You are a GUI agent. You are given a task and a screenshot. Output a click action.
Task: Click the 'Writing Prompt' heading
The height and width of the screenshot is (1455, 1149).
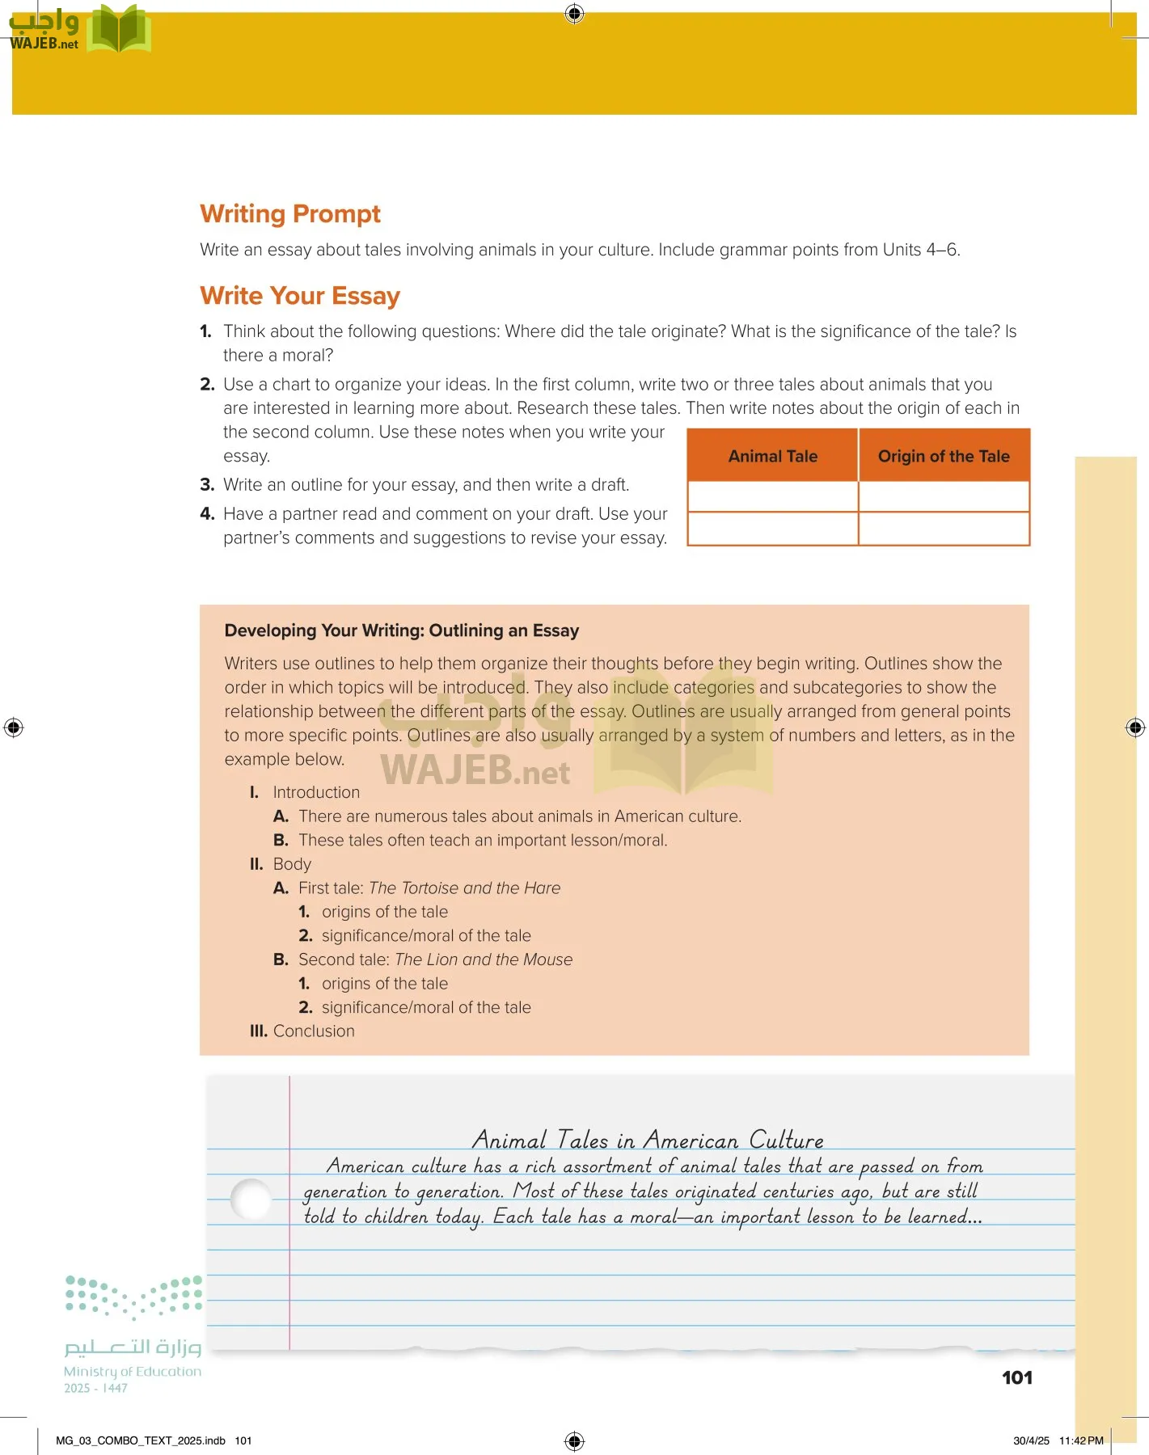click(x=289, y=214)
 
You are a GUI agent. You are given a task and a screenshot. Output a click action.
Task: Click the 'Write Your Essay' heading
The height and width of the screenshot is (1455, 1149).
click(x=300, y=296)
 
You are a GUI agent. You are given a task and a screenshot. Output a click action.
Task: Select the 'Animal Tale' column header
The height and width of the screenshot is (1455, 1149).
click(x=772, y=456)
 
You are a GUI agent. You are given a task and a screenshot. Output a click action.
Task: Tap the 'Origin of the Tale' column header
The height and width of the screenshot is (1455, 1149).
click(x=944, y=456)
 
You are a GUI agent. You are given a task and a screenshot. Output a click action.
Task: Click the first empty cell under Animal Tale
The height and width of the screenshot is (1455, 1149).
click(x=772, y=496)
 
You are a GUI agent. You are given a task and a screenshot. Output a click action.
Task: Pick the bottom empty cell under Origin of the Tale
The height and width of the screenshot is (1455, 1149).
click(x=944, y=529)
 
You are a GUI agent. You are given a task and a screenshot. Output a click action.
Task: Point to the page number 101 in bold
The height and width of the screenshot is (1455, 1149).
click(x=1016, y=1378)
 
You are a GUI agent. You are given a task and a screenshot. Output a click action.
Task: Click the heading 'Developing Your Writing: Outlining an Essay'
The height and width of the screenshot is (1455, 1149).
click(x=401, y=630)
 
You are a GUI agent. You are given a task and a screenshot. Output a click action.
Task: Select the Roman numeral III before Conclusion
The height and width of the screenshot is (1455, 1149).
click(x=258, y=1031)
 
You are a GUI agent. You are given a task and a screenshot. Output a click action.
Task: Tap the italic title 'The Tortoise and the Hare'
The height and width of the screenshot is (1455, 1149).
click(x=464, y=888)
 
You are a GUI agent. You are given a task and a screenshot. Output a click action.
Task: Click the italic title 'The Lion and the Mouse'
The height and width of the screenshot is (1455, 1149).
click(x=484, y=959)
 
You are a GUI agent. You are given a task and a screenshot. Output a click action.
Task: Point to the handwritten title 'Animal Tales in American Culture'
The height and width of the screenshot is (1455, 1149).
click(x=648, y=1140)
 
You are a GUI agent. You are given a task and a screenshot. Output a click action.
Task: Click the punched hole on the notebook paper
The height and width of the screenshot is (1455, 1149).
click(x=251, y=1200)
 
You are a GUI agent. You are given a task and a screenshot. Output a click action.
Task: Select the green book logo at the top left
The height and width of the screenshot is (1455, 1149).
click(x=119, y=31)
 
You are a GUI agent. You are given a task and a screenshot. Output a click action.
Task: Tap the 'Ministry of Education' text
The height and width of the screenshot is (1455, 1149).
click(x=133, y=1372)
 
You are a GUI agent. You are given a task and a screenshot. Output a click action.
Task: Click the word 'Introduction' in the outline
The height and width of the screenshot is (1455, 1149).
click(x=316, y=793)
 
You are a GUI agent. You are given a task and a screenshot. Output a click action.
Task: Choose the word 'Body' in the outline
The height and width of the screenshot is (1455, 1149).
click(x=292, y=864)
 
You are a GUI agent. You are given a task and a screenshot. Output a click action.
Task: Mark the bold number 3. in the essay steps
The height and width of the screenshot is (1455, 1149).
click(x=207, y=485)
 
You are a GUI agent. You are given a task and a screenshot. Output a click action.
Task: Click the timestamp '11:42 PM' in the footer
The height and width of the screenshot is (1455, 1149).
click(x=1081, y=1440)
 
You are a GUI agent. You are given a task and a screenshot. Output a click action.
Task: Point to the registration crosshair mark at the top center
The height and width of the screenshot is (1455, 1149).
click(x=574, y=13)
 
